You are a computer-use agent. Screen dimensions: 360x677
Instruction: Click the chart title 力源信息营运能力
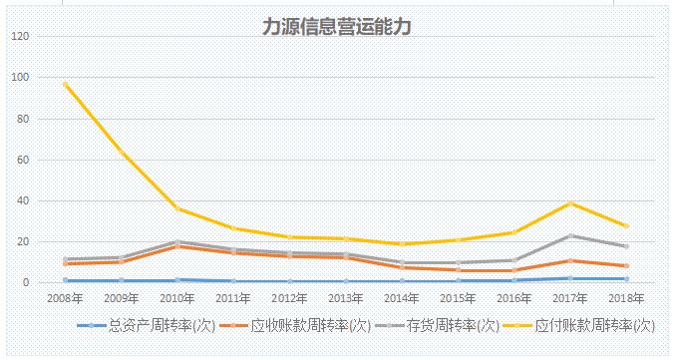337,28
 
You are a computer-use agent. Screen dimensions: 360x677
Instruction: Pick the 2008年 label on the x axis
64,297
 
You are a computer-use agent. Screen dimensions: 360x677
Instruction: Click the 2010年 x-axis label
176,297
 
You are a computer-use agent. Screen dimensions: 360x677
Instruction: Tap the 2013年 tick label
346,297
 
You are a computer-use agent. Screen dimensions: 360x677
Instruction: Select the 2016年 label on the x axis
514,297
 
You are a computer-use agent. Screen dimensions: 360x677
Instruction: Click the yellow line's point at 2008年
65,84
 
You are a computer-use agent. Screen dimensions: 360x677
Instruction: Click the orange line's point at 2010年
177,246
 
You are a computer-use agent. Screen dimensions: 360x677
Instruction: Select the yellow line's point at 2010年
177,208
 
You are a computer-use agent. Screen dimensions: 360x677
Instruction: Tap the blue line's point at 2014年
402,282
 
